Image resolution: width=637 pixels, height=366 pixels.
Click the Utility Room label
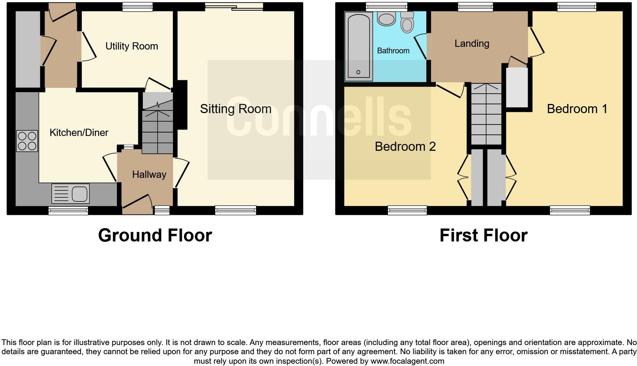(131, 46)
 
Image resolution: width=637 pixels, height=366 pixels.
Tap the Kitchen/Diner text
(79, 133)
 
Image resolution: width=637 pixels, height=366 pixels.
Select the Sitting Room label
(235, 109)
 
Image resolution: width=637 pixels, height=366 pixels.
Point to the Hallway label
(149, 174)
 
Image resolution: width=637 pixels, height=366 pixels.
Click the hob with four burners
(27, 141)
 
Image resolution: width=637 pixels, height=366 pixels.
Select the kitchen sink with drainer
(70, 193)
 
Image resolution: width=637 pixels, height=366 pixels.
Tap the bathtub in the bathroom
(359, 46)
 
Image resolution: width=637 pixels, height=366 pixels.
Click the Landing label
(472, 43)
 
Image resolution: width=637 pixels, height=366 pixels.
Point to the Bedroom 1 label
(577, 109)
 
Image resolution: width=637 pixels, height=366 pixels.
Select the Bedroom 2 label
(405, 147)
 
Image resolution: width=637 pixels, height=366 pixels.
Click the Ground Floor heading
(155, 235)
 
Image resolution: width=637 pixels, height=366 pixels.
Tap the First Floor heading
(483, 235)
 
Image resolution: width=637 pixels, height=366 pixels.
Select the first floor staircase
(486, 114)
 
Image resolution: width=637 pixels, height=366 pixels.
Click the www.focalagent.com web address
(407, 361)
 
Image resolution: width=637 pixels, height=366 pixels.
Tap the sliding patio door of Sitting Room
(234, 6)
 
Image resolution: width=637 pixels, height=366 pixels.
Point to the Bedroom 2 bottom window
(407, 210)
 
